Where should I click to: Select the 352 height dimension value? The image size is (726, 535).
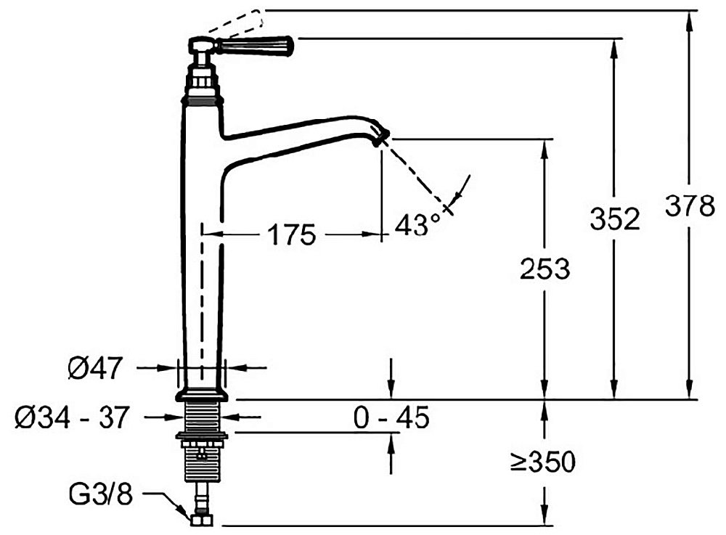coord(614,219)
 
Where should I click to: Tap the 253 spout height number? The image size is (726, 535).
coord(544,269)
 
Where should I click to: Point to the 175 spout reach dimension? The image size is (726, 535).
coord(292,234)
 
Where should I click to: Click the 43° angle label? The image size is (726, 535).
coord(417,224)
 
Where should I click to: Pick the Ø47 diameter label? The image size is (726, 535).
coord(95,368)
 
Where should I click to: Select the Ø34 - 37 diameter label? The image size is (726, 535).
coord(71,417)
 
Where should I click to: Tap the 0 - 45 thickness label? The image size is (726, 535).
coord(391,417)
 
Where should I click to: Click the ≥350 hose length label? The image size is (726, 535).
coord(543,462)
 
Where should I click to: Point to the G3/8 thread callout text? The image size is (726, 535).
coord(101,494)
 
